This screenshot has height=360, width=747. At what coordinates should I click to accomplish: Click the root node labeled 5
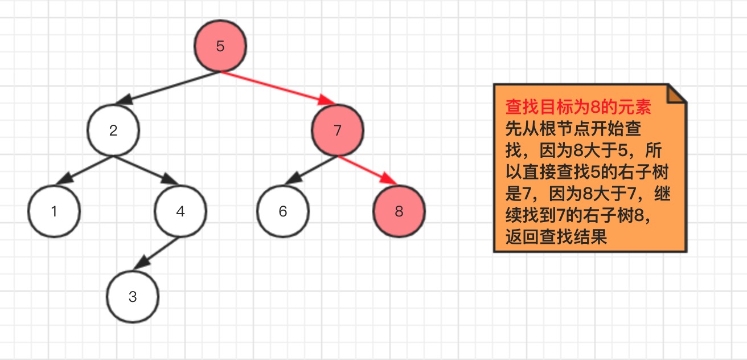point(220,46)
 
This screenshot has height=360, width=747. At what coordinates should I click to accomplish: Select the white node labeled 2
point(113,130)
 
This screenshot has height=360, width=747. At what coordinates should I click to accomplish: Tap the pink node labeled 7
point(337,130)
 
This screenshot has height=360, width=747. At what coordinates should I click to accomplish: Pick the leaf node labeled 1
point(54,211)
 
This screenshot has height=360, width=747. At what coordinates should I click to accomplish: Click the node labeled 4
point(180,211)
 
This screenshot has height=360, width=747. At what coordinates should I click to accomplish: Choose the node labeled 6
point(283,211)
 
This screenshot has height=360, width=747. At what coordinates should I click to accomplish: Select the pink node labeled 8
point(399,211)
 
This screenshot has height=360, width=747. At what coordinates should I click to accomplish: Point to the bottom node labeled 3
point(133,297)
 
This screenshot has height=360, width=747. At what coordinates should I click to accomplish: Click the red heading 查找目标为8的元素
point(578,108)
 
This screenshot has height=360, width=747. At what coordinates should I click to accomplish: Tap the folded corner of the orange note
point(677,94)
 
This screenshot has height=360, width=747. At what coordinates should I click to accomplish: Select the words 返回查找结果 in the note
point(556,236)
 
